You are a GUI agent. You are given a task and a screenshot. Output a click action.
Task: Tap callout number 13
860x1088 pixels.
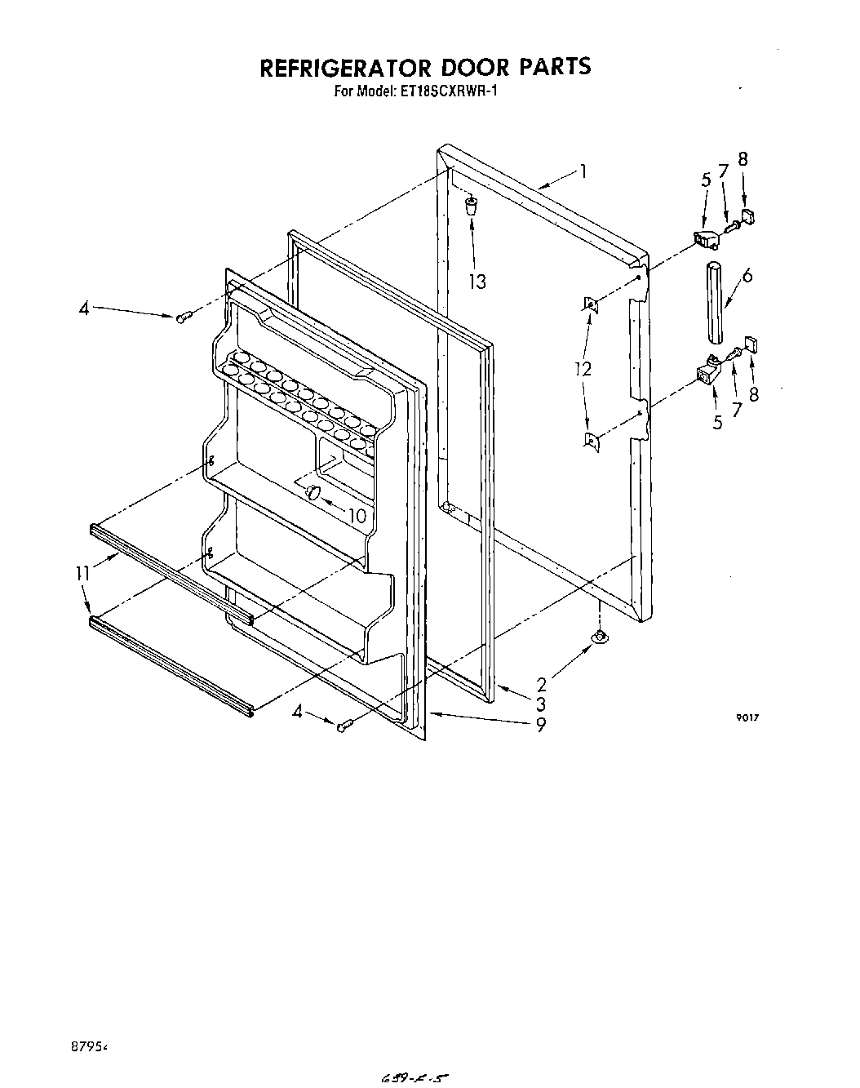click(x=477, y=282)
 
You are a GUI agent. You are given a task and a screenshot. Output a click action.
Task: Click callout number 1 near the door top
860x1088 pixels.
click(x=583, y=171)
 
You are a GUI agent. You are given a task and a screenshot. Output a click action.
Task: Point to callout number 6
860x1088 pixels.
click(x=747, y=276)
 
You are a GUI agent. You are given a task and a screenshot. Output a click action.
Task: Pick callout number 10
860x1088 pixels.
click(x=357, y=516)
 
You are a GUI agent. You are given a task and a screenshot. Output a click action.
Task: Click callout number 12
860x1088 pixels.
click(x=582, y=369)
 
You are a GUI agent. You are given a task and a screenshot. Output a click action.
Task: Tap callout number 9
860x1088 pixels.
click(x=541, y=723)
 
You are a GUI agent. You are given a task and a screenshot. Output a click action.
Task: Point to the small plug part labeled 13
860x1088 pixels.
click(x=472, y=206)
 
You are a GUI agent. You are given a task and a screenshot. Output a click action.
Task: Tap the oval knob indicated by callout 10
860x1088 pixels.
click(x=311, y=492)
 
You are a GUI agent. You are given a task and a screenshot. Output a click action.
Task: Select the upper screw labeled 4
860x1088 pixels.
click(x=183, y=317)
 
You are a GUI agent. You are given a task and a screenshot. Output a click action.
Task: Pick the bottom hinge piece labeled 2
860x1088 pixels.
click(x=600, y=636)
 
